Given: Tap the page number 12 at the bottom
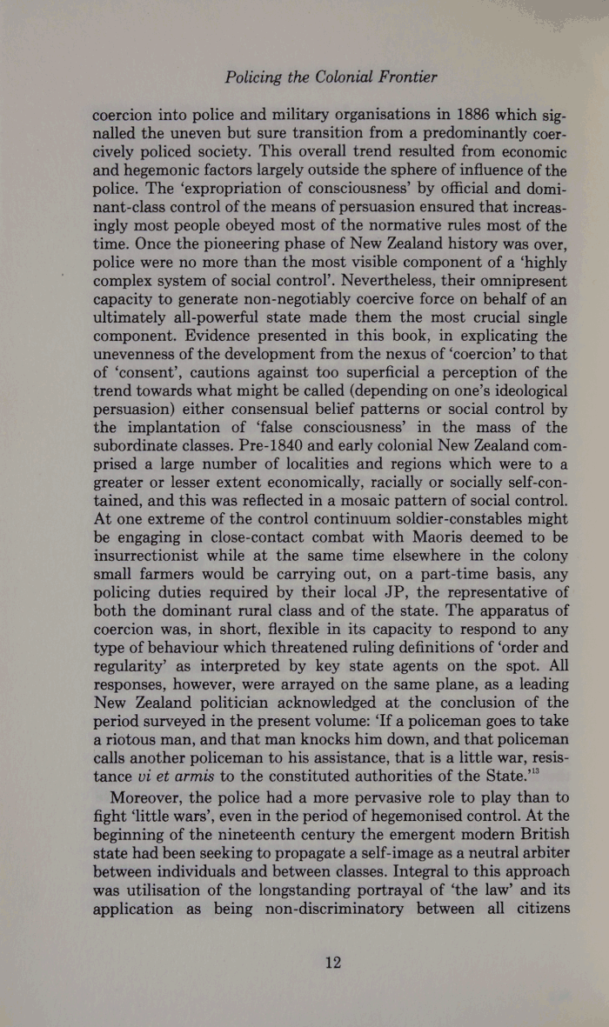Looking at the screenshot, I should pyautogui.click(x=331, y=963).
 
